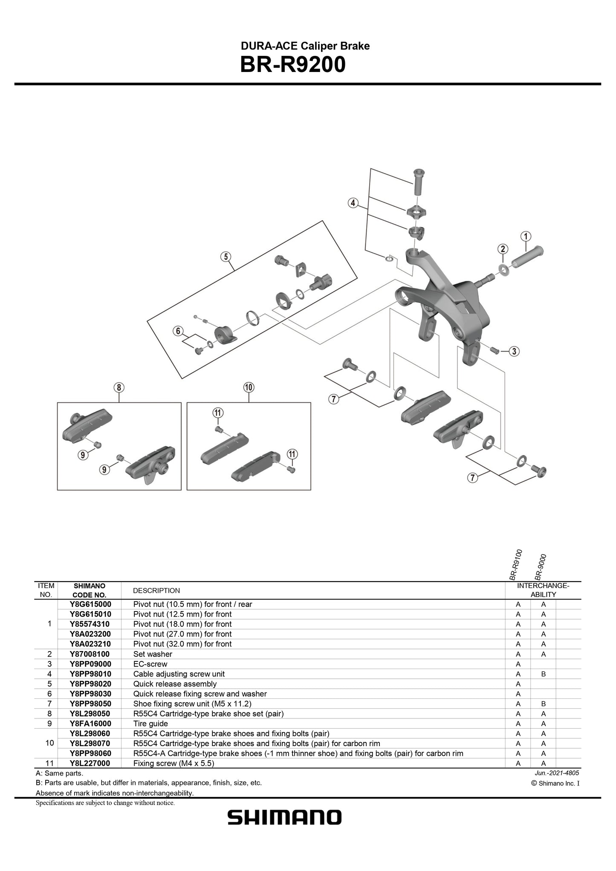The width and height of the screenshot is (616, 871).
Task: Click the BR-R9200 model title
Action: pyautogui.click(x=292, y=65)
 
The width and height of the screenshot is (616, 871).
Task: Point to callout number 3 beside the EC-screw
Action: pyautogui.click(x=514, y=351)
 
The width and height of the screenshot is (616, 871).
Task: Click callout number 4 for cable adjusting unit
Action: pyautogui.click(x=353, y=203)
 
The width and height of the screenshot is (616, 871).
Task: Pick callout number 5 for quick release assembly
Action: pyautogui.click(x=226, y=256)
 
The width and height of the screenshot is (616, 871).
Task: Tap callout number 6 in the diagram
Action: pyautogui.click(x=179, y=331)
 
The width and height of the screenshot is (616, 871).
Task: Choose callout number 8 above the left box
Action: pyautogui.click(x=119, y=387)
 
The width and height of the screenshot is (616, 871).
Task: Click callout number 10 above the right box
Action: pyautogui.click(x=249, y=387)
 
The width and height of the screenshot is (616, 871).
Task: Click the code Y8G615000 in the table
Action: pyautogui.click(x=90, y=604)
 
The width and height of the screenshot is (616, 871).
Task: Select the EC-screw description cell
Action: pyautogui.click(x=150, y=664)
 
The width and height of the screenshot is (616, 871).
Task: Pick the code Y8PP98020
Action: pyautogui.click(x=90, y=684)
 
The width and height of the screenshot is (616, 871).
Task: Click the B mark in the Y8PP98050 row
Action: pyautogui.click(x=543, y=704)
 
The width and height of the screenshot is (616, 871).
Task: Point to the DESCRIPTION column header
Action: pyautogui.click(x=156, y=591)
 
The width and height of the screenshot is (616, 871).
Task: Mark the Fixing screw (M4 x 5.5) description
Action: pyautogui.click(x=174, y=763)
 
